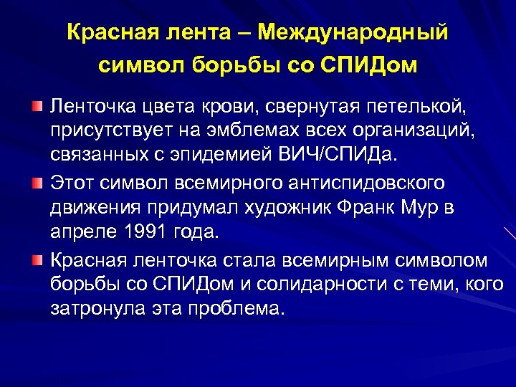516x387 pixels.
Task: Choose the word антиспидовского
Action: (x=365, y=183)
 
